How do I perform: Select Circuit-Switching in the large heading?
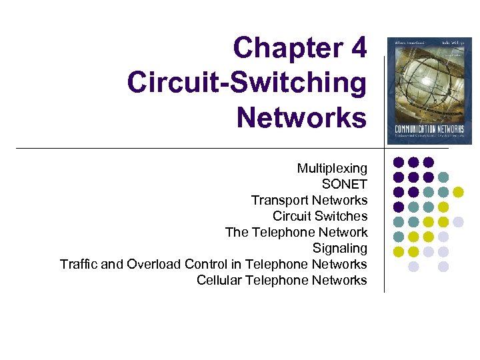point(247,83)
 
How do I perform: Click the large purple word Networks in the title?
point(301,117)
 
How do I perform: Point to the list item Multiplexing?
point(332,169)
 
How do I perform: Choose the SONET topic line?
point(344,184)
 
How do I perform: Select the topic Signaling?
point(340,249)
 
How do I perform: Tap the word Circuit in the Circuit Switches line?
point(291,216)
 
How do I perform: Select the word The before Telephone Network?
point(237,232)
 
